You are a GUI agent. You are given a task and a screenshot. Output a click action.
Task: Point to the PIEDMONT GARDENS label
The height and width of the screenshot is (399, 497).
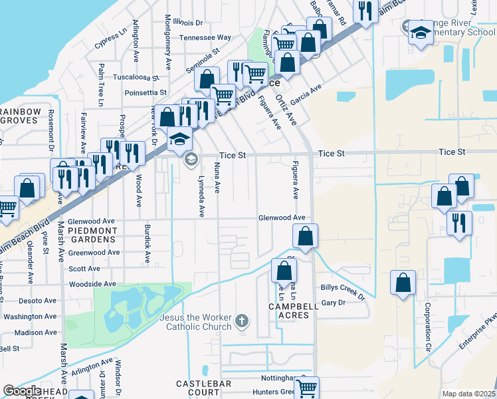pyautogui.click(x=93, y=235)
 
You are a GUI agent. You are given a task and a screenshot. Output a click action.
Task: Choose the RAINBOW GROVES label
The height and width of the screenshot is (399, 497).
pyautogui.click(x=20, y=116)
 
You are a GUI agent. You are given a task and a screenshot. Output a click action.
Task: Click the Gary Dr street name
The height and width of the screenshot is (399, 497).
pyautogui.click(x=333, y=303)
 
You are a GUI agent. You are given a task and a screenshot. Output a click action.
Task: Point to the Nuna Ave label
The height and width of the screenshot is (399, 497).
pyautogui.click(x=217, y=180)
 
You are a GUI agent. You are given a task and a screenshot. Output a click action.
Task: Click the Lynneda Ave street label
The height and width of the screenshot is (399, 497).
pyautogui.click(x=201, y=196)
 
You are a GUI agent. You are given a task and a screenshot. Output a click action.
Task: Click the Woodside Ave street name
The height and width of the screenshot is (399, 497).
pyautogui.click(x=92, y=284)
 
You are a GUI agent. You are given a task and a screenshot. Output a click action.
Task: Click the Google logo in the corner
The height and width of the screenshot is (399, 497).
pyautogui.click(x=22, y=391)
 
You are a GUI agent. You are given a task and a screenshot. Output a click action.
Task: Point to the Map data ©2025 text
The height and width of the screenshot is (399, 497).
pyautogui.click(x=468, y=394)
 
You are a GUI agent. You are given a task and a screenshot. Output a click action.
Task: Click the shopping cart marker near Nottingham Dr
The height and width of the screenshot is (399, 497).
pyautogui.click(x=306, y=388)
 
